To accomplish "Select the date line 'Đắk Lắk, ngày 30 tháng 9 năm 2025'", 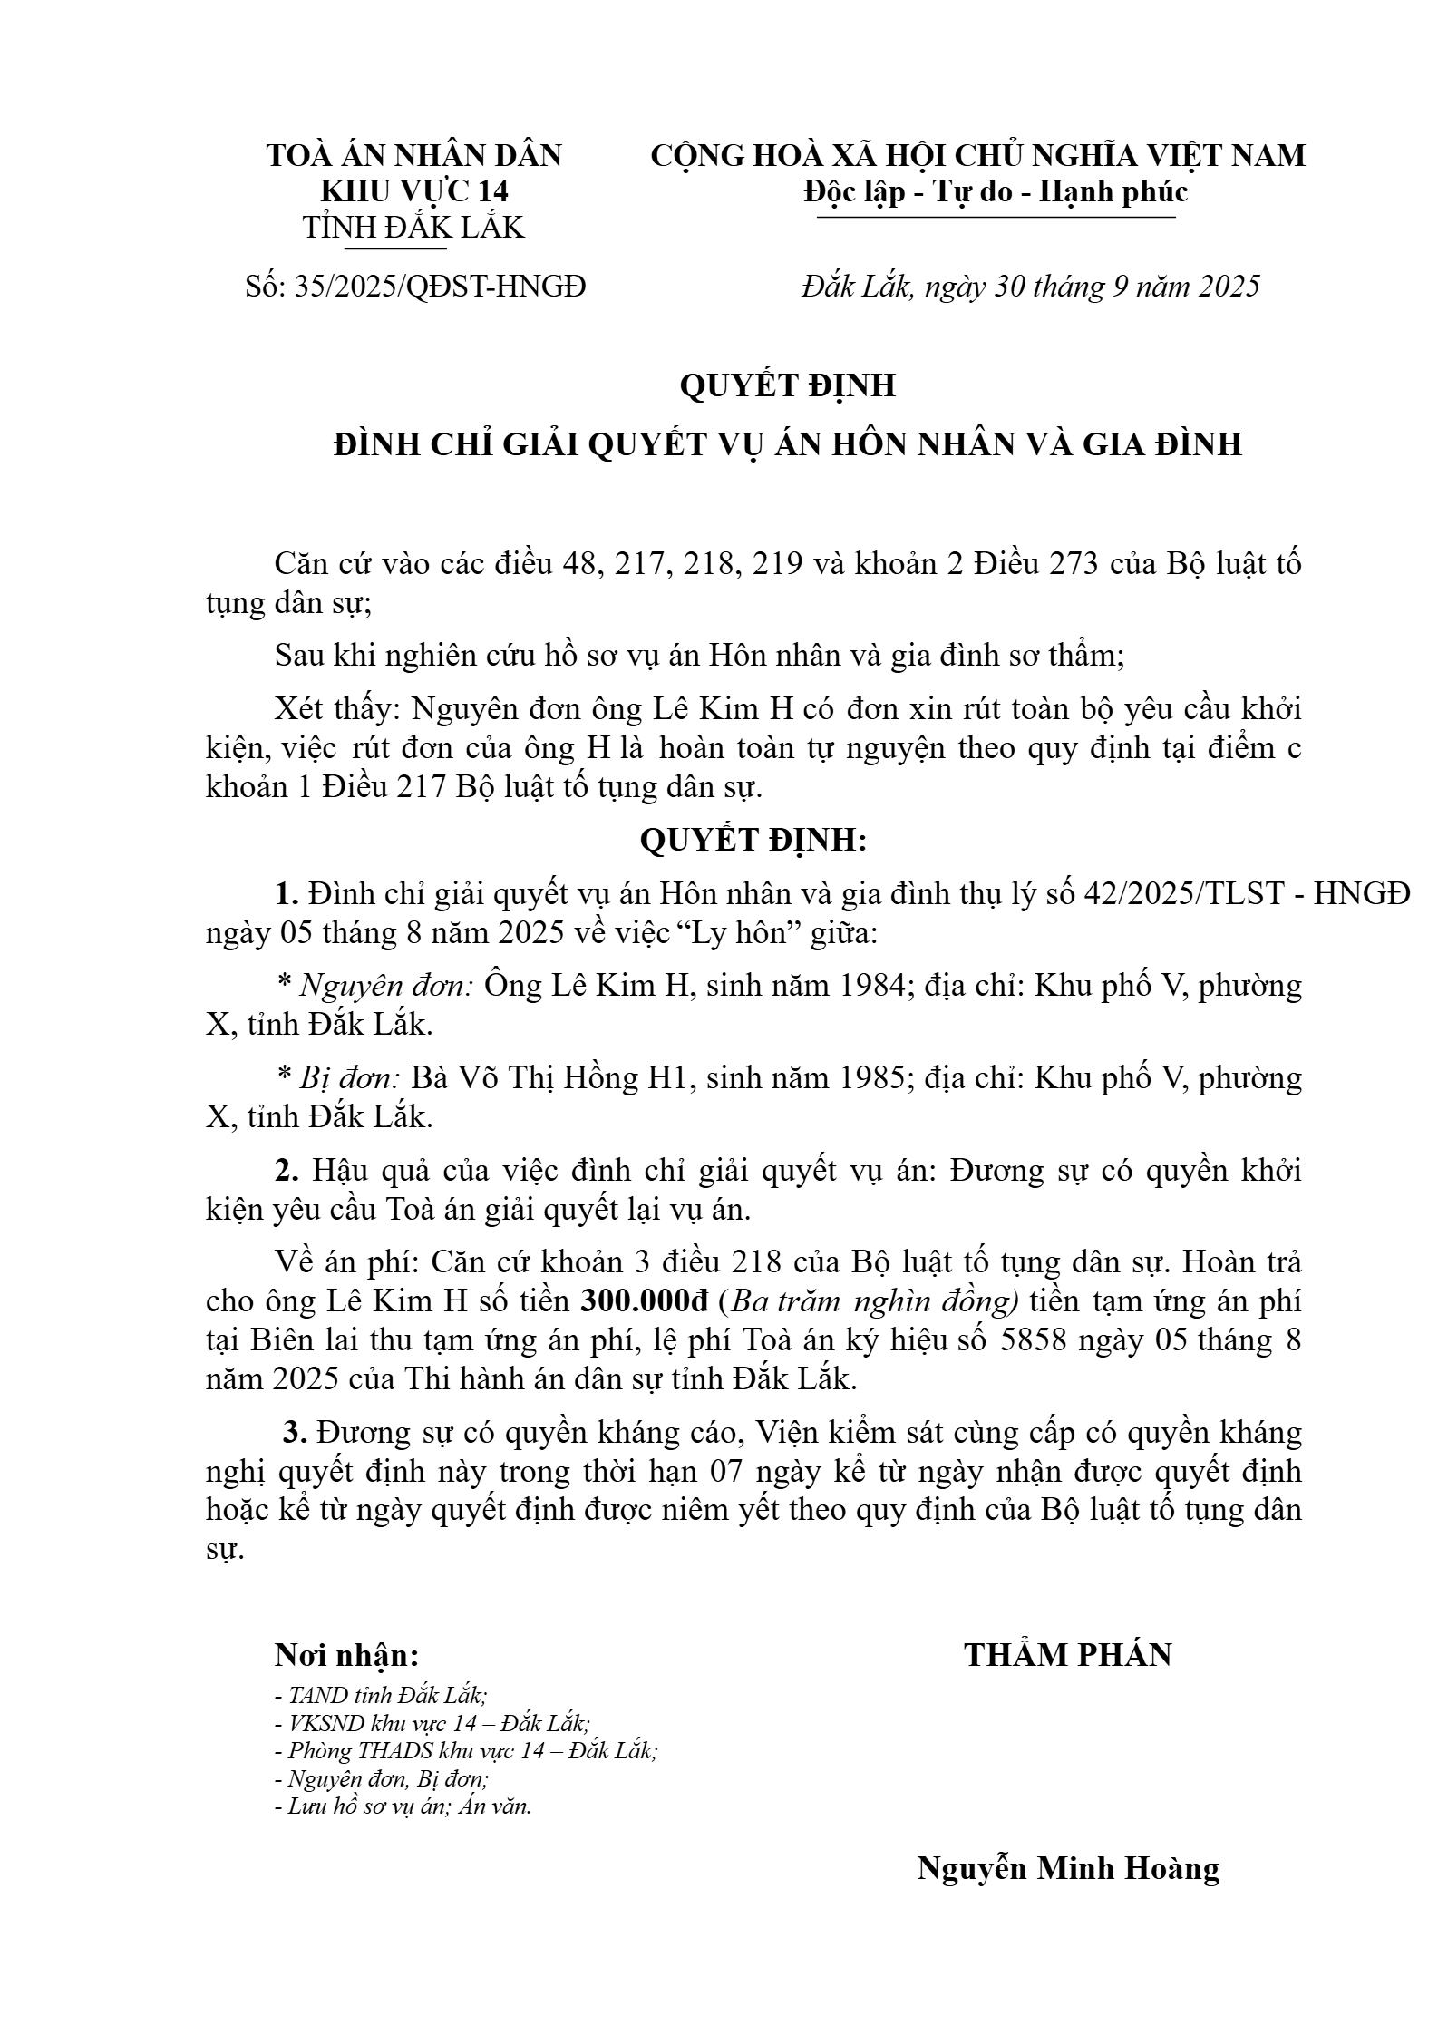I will tap(1030, 287).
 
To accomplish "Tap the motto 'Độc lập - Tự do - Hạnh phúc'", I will tap(995, 192).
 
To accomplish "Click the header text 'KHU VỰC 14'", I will tap(414, 192).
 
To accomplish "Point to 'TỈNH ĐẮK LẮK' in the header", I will tap(413, 227).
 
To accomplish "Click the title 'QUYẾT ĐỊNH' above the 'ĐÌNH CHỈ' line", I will tap(787, 385).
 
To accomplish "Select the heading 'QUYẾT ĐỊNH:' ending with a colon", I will tap(753, 841).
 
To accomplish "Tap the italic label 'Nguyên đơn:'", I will tap(385, 985).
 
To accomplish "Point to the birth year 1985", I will tap(870, 1078).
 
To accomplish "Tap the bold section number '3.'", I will tap(296, 1433).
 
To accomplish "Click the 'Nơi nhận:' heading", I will tap(346, 1656).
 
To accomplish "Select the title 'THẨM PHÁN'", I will tap(1067, 1655).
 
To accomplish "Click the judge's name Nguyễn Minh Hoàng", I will tap(1067, 1868).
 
